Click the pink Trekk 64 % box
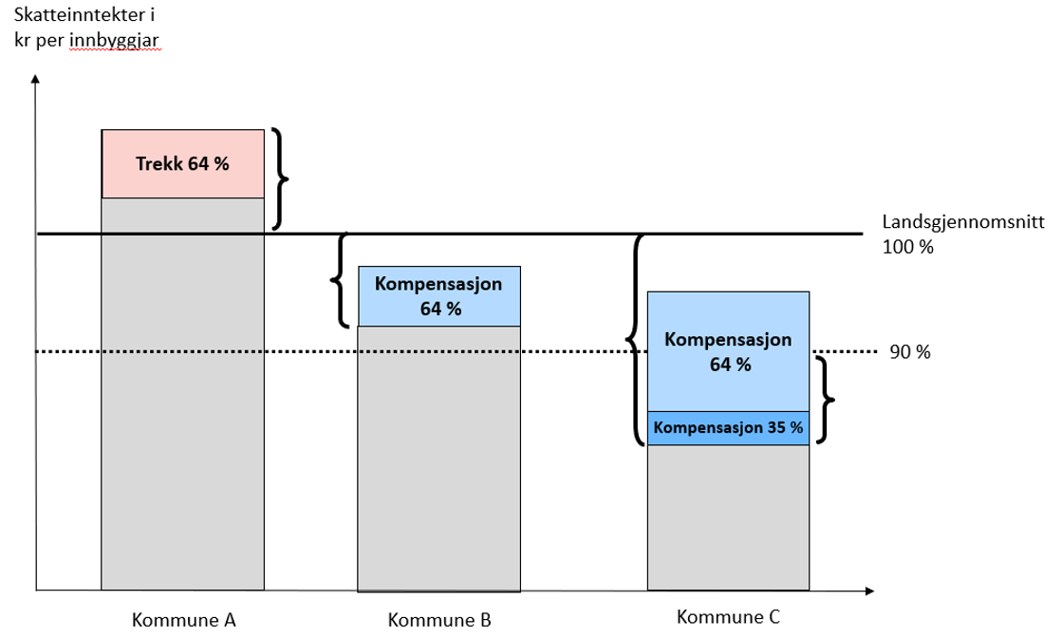182,163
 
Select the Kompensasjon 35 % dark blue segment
728,428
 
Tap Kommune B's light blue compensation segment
438,296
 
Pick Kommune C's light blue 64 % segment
728,351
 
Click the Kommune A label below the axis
183,621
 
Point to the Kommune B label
439,621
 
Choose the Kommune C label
728,617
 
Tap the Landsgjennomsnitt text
962,224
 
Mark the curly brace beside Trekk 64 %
279,178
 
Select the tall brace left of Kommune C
633,339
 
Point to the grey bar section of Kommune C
728,517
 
